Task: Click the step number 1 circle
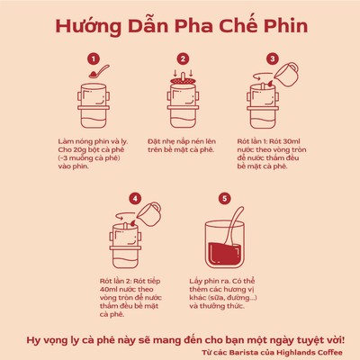[x=94, y=58]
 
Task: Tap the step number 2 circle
[x=183, y=58]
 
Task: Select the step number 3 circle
[x=273, y=58]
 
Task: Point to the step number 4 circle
[x=135, y=199]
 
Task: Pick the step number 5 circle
[x=225, y=199]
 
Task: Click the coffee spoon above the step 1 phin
[x=99, y=71]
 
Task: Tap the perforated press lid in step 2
[x=183, y=81]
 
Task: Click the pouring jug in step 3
[x=286, y=75]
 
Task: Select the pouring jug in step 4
[x=149, y=214]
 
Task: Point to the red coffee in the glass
[x=225, y=254]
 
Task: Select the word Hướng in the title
[x=88, y=27]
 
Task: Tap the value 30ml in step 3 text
[x=292, y=141]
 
